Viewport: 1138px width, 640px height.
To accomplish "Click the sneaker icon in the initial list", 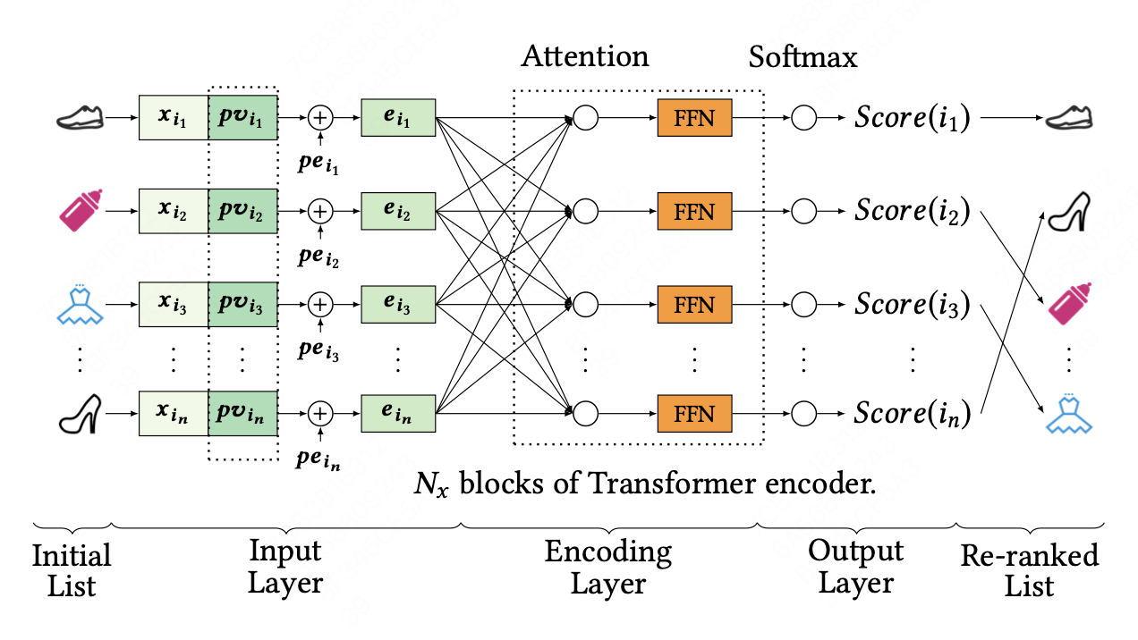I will pos(81,117).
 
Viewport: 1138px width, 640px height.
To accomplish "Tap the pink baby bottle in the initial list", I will pos(81,211).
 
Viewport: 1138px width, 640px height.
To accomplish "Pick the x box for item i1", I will pos(174,118).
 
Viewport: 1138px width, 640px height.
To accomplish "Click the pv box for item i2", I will pos(242,212).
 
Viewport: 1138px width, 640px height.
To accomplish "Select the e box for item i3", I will pos(397,306).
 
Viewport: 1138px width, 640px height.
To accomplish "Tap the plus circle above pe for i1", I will pos(319,118).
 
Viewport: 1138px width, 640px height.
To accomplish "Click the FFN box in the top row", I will pos(694,118).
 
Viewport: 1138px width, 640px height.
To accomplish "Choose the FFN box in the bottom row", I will pos(694,414).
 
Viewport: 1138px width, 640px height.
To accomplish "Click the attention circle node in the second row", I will pos(584,212).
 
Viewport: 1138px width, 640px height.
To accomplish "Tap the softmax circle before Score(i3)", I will pos(803,306).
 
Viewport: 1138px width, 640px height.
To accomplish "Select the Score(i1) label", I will pos(912,118).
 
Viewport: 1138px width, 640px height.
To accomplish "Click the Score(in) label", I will pos(912,414).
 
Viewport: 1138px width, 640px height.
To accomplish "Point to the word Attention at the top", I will pos(585,56).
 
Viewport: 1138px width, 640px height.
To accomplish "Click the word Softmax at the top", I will pos(803,56).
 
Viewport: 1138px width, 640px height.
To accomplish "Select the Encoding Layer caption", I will pos(608,568).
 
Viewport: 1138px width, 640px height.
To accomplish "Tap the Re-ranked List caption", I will pos(1029,570).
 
